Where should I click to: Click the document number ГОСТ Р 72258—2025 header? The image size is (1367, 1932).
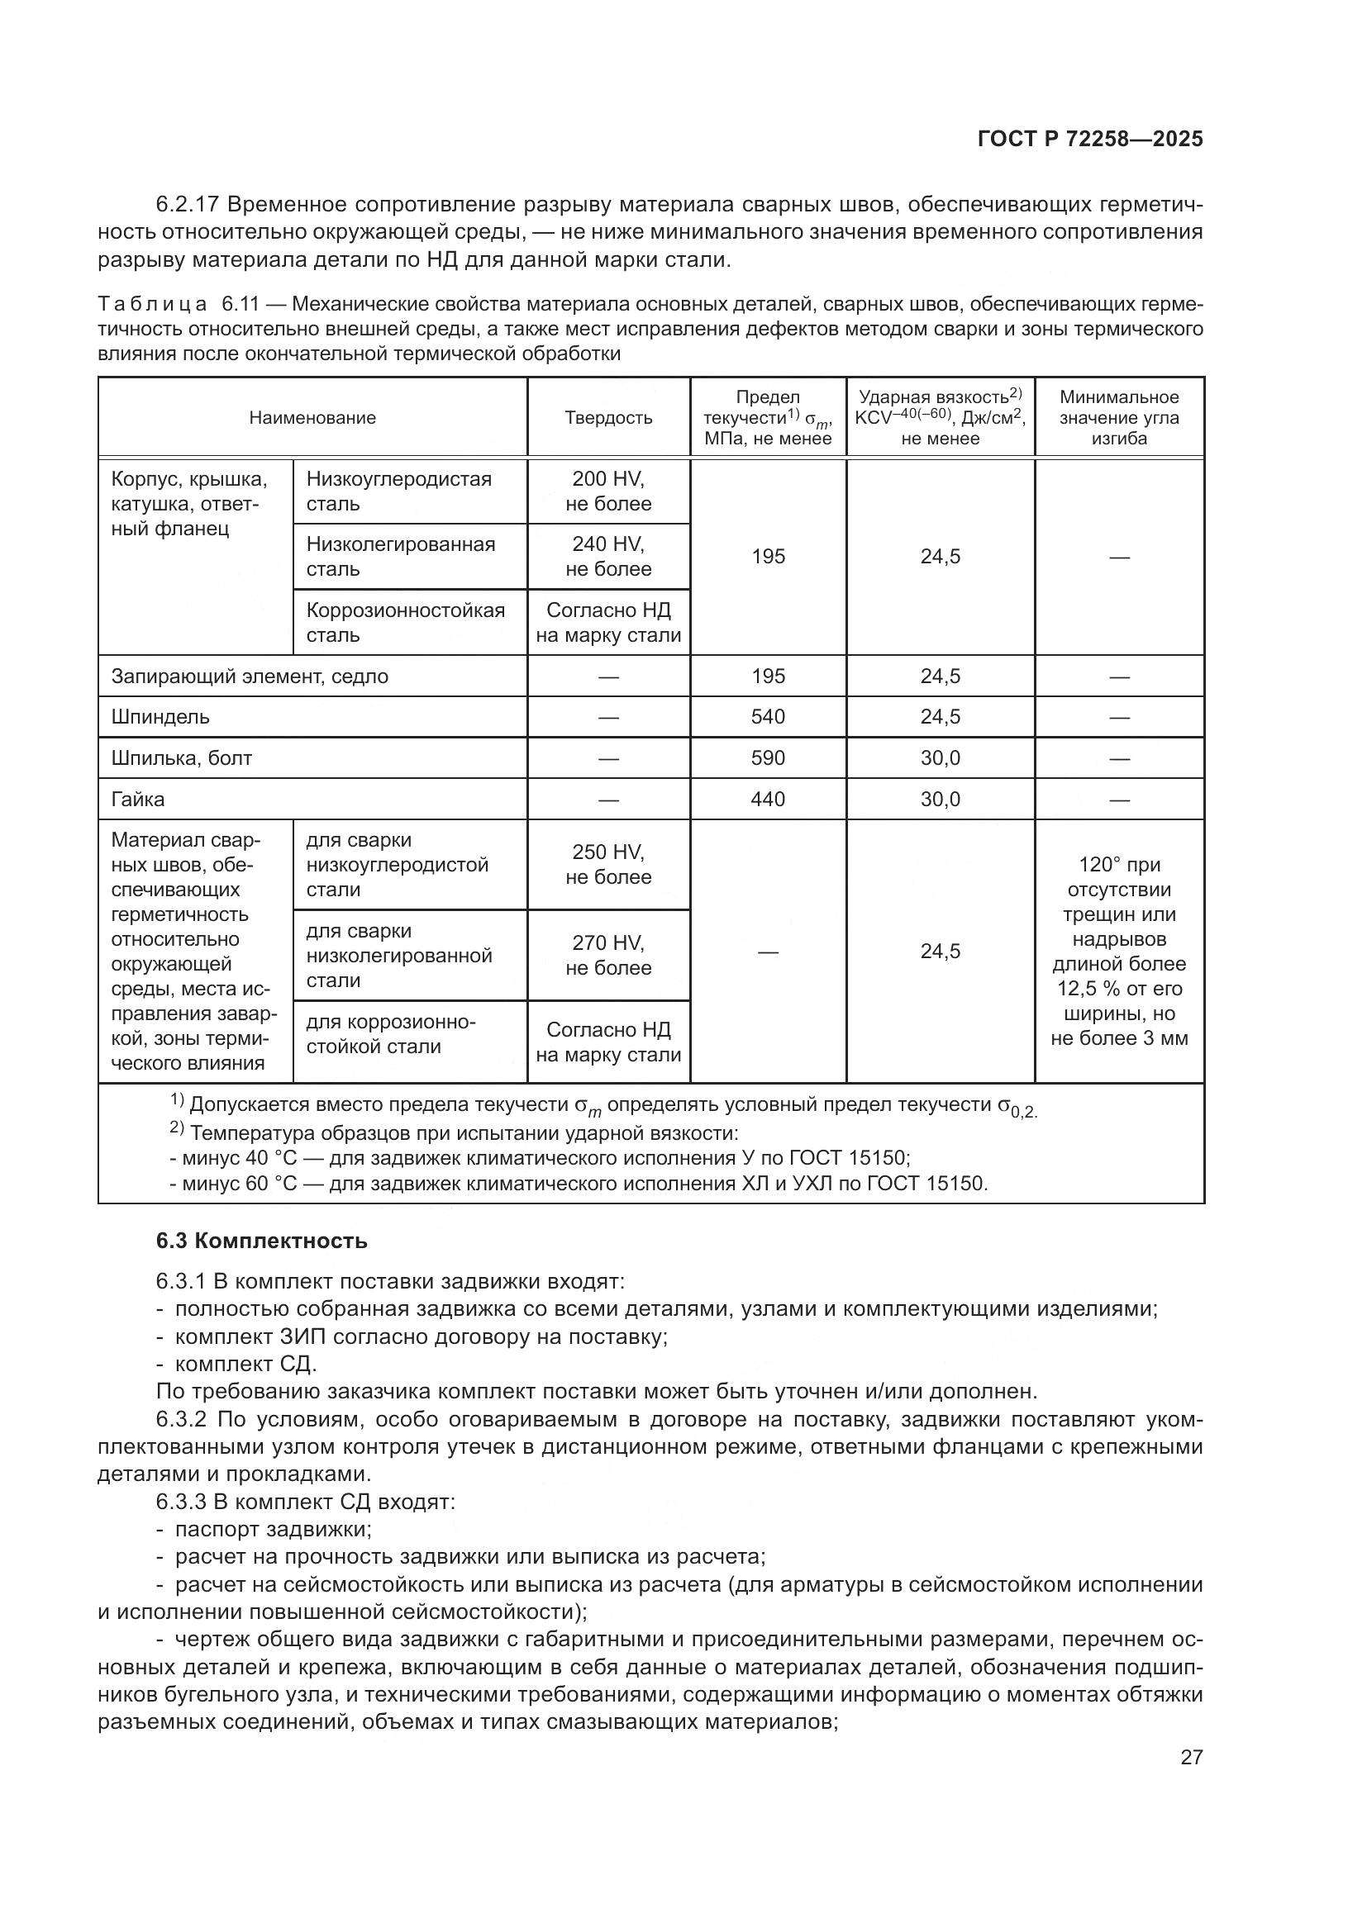click(x=1090, y=140)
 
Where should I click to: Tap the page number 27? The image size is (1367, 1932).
click(x=1191, y=1757)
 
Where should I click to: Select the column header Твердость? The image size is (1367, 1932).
click(x=607, y=418)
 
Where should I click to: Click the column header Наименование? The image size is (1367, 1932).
click(x=312, y=418)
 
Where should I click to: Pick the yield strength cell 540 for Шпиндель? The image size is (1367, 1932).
click(x=768, y=717)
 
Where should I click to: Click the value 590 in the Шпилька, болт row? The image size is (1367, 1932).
click(x=768, y=758)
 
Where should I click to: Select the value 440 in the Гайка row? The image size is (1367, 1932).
click(x=768, y=800)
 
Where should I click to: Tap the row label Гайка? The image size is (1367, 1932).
click(x=138, y=800)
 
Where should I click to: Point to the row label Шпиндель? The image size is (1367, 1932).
click(x=160, y=717)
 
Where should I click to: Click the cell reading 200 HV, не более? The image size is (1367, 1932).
click(x=607, y=491)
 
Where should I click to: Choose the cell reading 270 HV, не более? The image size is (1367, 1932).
click(x=607, y=955)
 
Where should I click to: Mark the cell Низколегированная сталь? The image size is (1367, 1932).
click(x=401, y=556)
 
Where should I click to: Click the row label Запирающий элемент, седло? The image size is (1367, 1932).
click(x=249, y=676)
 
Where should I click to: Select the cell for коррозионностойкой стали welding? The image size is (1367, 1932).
click(x=391, y=1034)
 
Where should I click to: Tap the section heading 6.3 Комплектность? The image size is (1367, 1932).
click(x=262, y=1241)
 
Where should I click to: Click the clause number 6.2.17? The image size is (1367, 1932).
click(x=187, y=205)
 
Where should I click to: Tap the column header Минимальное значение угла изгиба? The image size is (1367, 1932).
click(x=1119, y=418)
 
